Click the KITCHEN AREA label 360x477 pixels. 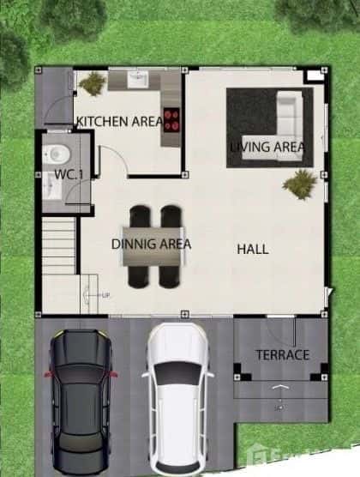pyautogui.click(x=119, y=122)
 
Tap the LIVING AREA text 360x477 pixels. pyautogui.click(x=267, y=147)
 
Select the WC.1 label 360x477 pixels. pyautogui.click(x=69, y=175)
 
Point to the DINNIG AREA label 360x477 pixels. pyautogui.click(x=152, y=245)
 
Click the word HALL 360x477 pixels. pyautogui.click(x=253, y=250)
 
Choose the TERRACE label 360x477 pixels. pyautogui.click(x=282, y=354)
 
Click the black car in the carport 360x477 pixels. pyautogui.click(x=81, y=395)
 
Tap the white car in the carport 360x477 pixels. pyautogui.click(x=177, y=399)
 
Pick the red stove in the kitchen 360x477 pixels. pyautogui.click(x=171, y=118)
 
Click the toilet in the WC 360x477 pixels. pyautogui.click(x=57, y=154)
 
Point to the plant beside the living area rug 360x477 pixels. pyautogui.click(x=300, y=183)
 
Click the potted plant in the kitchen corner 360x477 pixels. pyautogui.click(x=93, y=83)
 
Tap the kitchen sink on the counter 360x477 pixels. pyautogui.click(x=137, y=79)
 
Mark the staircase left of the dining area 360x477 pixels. pyautogui.click(x=60, y=245)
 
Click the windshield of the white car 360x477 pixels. pyautogui.click(x=177, y=374)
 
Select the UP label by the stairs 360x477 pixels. pyautogui.click(x=105, y=295)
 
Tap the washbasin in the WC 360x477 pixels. pyautogui.click(x=51, y=189)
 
